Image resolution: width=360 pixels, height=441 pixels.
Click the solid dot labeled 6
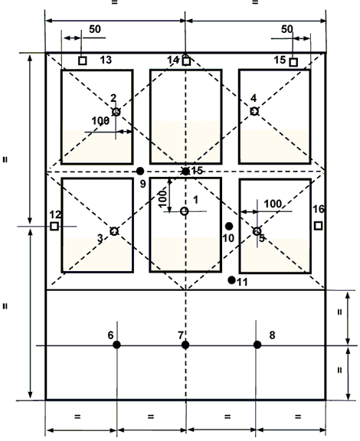pos(117,345)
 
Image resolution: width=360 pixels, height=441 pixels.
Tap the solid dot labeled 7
pos(185,345)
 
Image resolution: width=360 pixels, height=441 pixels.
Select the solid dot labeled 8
pos(257,345)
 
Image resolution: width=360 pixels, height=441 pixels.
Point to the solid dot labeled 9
pos(140,171)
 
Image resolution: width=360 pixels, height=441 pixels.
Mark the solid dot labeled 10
pos(229,226)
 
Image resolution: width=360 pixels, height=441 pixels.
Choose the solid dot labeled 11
pos(231,280)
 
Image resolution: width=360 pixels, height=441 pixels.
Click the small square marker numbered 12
pos(54,226)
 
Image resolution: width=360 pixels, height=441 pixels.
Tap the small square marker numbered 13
pos(82,60)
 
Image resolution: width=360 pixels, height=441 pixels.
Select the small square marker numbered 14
pos(186,60)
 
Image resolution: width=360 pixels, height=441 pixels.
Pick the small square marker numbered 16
pos(318,226)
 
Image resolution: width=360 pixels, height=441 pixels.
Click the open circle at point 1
pos(185,211)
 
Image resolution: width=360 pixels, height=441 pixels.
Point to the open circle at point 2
pos(116,112)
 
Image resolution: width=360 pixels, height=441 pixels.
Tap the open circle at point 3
pos(114,231)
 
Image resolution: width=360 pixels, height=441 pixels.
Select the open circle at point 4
pos(254,111)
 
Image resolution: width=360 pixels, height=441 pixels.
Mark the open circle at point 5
pos(257,231)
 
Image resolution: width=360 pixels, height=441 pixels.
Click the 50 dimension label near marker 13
pos(95,29)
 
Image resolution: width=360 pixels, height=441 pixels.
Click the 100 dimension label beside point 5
pos(273,204)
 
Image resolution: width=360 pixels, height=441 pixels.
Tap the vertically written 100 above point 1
pos(162,198)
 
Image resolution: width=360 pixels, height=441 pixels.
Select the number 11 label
pos(242,282)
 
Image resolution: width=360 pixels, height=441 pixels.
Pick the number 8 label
pos(272,335)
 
